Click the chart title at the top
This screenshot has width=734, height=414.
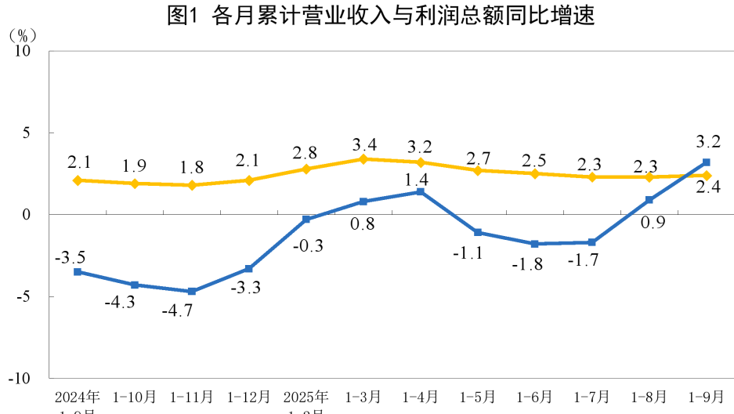tap(381, 16)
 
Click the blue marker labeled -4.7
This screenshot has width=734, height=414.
tap(192, 292)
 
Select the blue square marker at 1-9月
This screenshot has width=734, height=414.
tap(707, 162)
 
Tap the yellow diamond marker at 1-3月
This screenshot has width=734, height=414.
tap(363, 159)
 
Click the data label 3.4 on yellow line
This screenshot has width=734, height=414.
tap(363, 144)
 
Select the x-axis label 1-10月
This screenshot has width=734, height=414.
tap(135, 396)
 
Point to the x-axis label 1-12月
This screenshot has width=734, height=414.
tap(249, 396)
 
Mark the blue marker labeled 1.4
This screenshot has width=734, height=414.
tap(421, 191)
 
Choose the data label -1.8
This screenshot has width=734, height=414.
tap(526, 264)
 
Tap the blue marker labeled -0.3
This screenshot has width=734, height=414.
tap(306, 220)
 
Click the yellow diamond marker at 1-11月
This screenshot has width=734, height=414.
tap(192, 185)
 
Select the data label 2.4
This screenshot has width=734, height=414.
tap(709, 187)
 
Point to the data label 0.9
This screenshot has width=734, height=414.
tap(653, 223)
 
